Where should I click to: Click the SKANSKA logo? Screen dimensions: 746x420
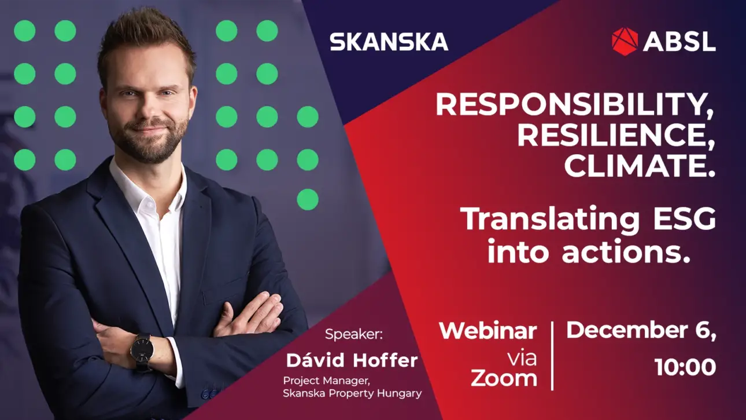coord(389,42)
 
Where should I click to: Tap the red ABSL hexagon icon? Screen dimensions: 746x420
coord(625,41)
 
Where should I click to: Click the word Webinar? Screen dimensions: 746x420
coord(488,331)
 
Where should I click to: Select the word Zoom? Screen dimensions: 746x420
coord(504,378)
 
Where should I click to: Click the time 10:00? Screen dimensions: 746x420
coord(685,367)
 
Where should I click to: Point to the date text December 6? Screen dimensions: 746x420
coord(641,331)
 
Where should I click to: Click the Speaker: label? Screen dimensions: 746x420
coord(354,334)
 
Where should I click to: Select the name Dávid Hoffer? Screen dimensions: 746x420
coord(352,360)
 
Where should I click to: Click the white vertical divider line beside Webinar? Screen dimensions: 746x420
coord(552,356)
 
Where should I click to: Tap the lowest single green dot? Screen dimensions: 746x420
coord(308,199)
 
